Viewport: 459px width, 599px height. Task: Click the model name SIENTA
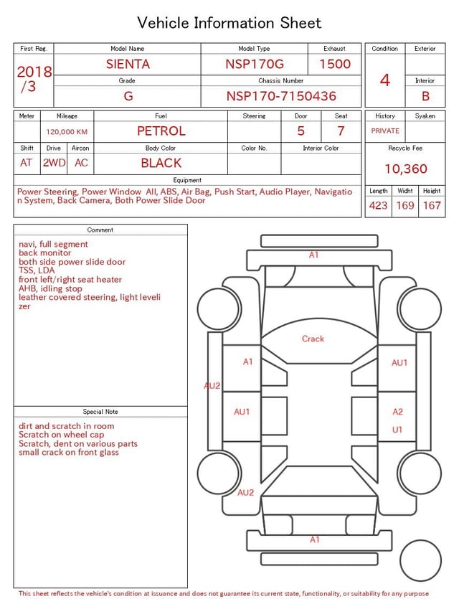(x=128, y=64)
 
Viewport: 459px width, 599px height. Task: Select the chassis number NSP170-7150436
(x=281, y=96)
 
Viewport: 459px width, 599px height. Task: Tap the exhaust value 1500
(x=335, y=64)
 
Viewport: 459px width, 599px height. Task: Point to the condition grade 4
(x=385, y=80)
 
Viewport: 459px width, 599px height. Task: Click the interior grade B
(x=425, y=96)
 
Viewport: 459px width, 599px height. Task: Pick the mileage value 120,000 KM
(x=67, y=132)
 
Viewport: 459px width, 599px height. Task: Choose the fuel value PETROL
(x=161, y=131)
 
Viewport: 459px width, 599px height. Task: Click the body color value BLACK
(x=161, y=163)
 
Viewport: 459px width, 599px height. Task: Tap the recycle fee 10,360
(x=405, y=169)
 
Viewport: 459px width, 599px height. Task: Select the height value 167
(x=432, y=205)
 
